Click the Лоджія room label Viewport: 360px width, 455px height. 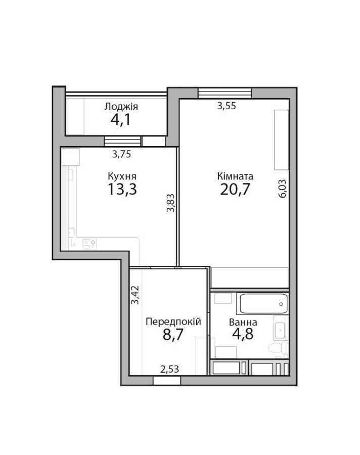(x=121, y=107)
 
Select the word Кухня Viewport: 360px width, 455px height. (x=122, y=176)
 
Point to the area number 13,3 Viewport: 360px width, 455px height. (x=122, y=190)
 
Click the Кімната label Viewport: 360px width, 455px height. (x=235, y=176)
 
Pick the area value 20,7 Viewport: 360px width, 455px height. (x=235, y=190)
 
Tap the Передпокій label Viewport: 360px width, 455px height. (x=173, y=322)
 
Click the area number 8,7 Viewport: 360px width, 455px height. (x=173, y=335)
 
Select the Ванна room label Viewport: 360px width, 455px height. (x=243, y=322)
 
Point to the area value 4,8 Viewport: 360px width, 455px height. (x=243, y=335)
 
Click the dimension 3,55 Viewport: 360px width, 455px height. (x=227, y=106)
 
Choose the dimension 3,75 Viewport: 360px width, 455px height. (x=122, y=155)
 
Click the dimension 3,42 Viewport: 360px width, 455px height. (x=135, y=295)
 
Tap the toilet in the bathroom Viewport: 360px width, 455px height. (x=276, y=348)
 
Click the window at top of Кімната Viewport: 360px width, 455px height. (x=224, y=93)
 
